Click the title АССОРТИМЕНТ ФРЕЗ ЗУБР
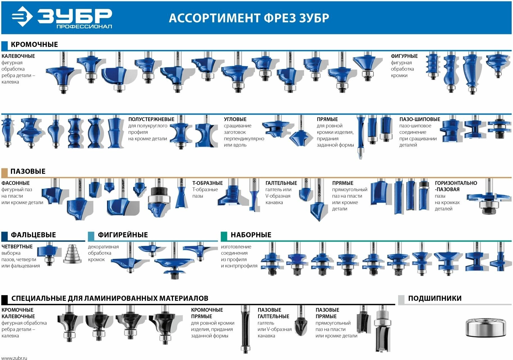point(249,18)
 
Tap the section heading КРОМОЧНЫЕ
point(34,44)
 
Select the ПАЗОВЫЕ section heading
point(28,171)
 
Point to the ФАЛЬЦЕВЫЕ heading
point(33,235)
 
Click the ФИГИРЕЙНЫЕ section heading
point(122,235)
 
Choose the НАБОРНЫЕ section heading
point(251,235)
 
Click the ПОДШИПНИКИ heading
point(435,298)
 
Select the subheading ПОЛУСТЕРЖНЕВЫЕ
point(151,119)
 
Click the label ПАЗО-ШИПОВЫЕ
point(420,119)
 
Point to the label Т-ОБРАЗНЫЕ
point(207,183)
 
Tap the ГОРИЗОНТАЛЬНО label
point(456,183)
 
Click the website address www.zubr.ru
point(14,358)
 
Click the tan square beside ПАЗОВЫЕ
point(4,172)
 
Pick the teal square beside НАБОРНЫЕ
point(224,236)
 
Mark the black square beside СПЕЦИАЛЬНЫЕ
point(4,300)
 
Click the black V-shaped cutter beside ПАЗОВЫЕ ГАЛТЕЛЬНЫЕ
point(301,327)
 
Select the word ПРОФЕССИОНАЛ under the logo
point(84,26)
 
